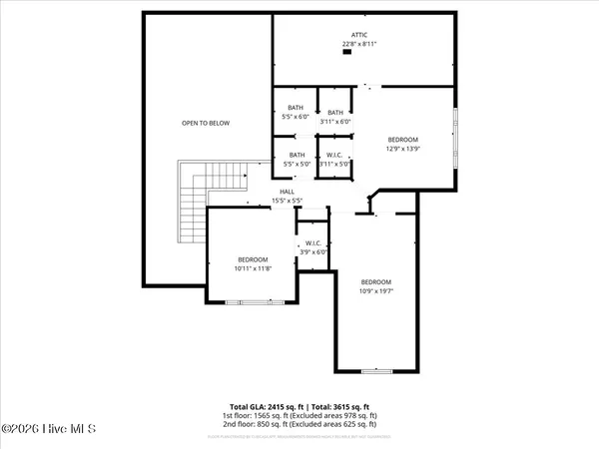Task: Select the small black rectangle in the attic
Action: point(347,54)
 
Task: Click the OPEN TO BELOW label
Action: point(205,123)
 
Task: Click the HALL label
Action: point(287,192)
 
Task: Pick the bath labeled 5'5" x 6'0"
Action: point(296,113)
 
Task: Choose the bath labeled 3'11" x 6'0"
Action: point(335,117)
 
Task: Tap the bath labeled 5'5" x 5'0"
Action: point(297,159)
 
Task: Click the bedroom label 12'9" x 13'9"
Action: point(402,144)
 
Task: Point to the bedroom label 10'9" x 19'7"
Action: point(376,286)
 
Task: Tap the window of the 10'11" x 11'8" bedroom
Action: point(247,301)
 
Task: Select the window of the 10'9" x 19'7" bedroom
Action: point(376,369)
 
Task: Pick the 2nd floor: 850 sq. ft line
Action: point(299,426)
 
